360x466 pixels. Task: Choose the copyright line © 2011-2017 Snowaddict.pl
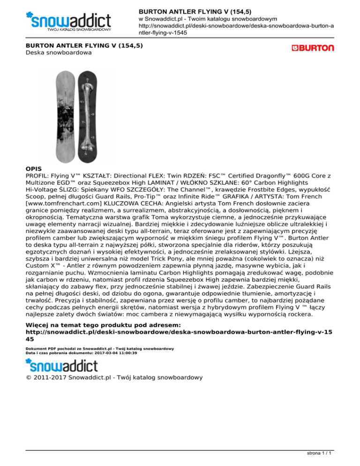[x=113, y=376]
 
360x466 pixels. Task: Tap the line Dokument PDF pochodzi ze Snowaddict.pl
[x=100, y=348]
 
